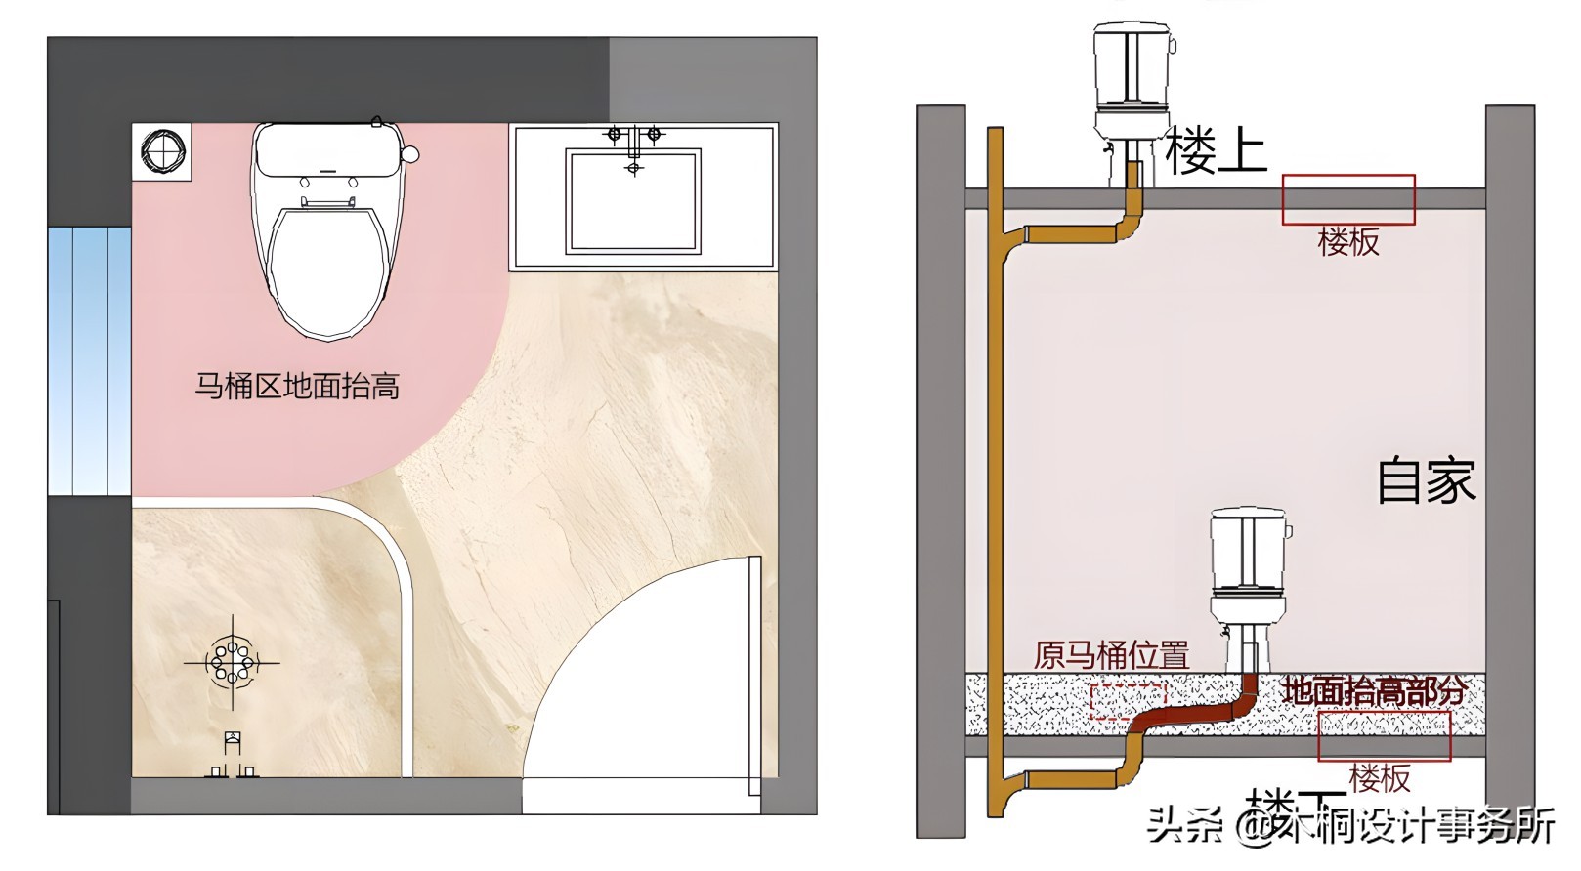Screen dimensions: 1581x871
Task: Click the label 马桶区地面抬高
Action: click(297, 387)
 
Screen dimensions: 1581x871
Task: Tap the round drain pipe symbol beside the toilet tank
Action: click(162, 152)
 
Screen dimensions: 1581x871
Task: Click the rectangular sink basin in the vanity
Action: click(634, 201)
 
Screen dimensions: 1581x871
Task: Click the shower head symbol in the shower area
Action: click(233, 663)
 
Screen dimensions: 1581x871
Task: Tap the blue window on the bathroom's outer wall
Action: click(90, 360)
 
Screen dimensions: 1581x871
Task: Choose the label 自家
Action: click(1426, 480)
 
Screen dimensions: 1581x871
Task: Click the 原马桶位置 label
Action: click(1111, 655)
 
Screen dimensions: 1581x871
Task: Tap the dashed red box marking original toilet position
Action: click(1128, 702)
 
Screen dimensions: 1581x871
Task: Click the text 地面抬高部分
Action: click(1374, 691)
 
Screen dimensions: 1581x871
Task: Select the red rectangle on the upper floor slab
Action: click(1348, 200)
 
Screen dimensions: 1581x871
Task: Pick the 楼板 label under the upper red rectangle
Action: click(1348, 242)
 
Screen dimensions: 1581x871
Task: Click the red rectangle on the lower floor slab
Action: click(1384, 736)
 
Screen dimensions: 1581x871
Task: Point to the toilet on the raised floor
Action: click(1249, 576)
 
